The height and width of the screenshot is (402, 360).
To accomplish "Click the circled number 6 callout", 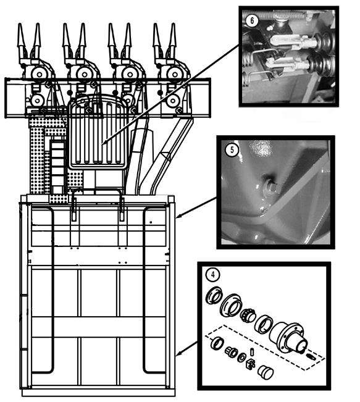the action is point(251,20).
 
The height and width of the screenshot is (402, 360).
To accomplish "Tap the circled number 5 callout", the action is point(232,149).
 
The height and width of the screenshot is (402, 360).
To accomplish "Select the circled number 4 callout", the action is point(213,275).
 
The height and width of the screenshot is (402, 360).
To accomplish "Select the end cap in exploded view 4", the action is point(266,372).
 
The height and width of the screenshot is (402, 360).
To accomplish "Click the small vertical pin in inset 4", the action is point(252,351).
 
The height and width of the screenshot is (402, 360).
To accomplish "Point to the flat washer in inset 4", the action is point(241,358).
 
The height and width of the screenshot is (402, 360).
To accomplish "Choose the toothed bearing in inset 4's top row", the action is point(247,315).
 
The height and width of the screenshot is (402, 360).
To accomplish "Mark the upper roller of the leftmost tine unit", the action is point(40,75).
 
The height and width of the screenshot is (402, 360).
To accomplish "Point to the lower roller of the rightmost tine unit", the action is point(172,101).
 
